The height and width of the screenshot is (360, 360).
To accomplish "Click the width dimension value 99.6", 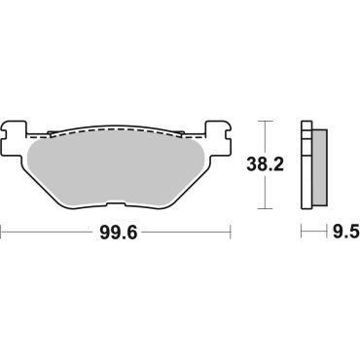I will tap(115, 232).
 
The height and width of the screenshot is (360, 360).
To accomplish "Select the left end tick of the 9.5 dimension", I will tap(302, 232).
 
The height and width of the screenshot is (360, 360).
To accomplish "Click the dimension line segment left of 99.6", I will tap(49, 232).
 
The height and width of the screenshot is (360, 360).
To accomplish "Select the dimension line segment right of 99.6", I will tap(185, 232).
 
